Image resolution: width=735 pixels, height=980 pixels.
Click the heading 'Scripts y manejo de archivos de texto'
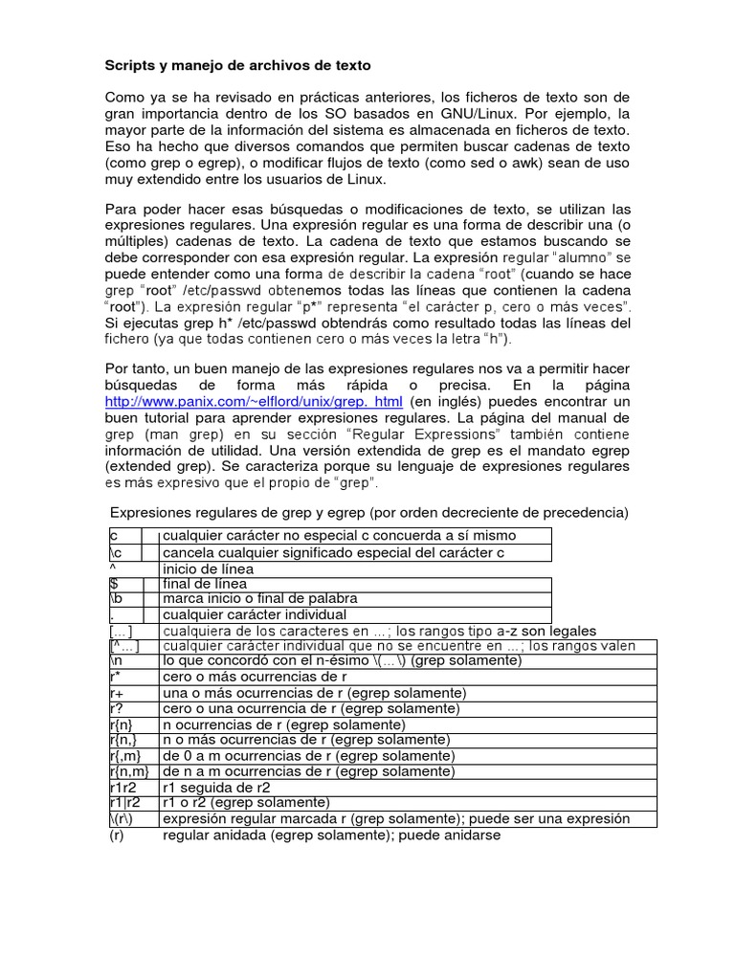click(x=235, y=66)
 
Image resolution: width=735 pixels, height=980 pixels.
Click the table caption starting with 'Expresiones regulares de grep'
click(x=369, y=512)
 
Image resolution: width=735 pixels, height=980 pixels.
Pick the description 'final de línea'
click(x=205, y=583)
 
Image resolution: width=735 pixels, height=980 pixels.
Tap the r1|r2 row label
click(x=124, y=802)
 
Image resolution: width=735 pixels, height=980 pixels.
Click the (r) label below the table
click(x=119, y=835)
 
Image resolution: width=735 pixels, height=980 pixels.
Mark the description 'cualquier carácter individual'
click(x=255, y=614)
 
